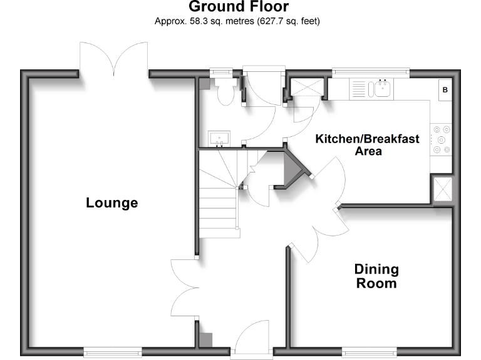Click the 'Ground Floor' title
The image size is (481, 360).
click(x=239, y=7)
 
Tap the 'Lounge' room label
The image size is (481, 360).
click(x=112, y=203)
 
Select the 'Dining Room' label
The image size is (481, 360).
click(x=376, y=276)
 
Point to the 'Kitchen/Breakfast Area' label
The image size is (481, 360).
click(x=367, y=144)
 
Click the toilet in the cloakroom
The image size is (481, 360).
click(x=224, y=94)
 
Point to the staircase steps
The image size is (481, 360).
click(x=218, y=194)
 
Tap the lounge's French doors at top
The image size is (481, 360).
click(x=113, y=60)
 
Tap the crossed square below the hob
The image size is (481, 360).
click(x=443, y=189)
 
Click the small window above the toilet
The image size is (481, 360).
click(x=220, y=72)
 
